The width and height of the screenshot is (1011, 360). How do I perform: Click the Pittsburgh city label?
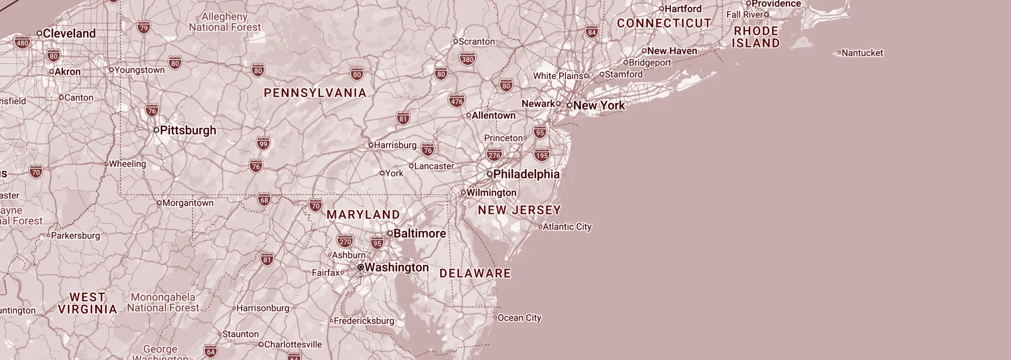click(187, 130)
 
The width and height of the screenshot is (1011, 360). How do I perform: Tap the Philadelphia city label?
click(526, 174)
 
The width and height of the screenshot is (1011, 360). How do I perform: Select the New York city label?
click(599, 105)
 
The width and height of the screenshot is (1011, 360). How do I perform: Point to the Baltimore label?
click(419, 233)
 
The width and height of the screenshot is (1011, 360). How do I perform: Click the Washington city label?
click(397, 267)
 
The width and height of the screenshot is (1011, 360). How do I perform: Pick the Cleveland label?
click(69, 33)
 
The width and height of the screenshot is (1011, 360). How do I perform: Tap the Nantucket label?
click(862, 53)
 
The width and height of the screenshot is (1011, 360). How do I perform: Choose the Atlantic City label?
click(567, 227)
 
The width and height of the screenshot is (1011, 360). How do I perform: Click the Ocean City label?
click(519, 318)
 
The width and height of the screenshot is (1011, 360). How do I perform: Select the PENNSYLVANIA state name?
click(315, 93)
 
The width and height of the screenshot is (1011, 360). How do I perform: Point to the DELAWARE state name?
click(475, 273)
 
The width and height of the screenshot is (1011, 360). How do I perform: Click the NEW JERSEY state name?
click(519, 210)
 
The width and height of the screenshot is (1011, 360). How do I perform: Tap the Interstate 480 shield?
click(22, 43)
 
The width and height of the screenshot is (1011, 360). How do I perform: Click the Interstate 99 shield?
click(263, 143)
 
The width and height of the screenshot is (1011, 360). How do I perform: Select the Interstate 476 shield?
click(457, 101)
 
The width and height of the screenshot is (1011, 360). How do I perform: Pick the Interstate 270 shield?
click(345, 242)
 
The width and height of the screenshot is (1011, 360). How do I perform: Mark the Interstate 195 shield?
click(541, 155)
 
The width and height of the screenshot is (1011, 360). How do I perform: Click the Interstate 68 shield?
click(264, 199)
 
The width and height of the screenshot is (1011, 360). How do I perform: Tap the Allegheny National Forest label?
click(224, 22)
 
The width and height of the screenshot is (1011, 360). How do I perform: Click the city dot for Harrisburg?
click(371, 145)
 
